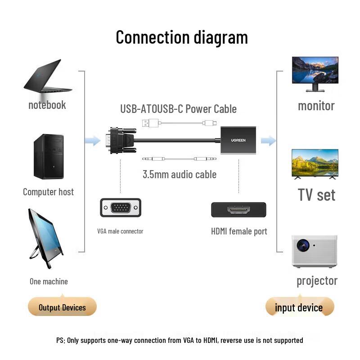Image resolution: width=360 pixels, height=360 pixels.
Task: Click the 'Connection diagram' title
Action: (x=182, y=37)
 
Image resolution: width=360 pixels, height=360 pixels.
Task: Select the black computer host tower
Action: (x=49, y=157)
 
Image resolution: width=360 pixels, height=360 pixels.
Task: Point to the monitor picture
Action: (x=315, y=73)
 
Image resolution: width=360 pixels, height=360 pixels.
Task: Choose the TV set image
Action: (x=315, y=163)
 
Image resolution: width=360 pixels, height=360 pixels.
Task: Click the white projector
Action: (x=314, y=250)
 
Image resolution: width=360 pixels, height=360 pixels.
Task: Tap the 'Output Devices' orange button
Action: (x=62, y=307)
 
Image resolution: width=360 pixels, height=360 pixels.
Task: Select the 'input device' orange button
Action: (x=299, y=307)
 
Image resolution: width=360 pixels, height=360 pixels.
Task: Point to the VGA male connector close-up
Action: (x=121, y=208)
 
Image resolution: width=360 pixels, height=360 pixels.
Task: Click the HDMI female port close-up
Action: (x=238, y=210)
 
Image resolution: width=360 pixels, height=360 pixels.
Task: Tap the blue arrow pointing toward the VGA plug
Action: (x=93, y=141)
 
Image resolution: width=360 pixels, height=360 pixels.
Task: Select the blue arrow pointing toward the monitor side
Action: (x=268, y=141)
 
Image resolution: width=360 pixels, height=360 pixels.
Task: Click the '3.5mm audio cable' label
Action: (x=180, y=174)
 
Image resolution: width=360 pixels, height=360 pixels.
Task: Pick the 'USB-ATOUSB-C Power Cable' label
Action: (x=178, y=109)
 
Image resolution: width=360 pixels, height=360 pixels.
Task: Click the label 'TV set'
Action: (x=316, y=195)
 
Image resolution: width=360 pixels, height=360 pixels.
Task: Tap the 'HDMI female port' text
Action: (x=239, y=231)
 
